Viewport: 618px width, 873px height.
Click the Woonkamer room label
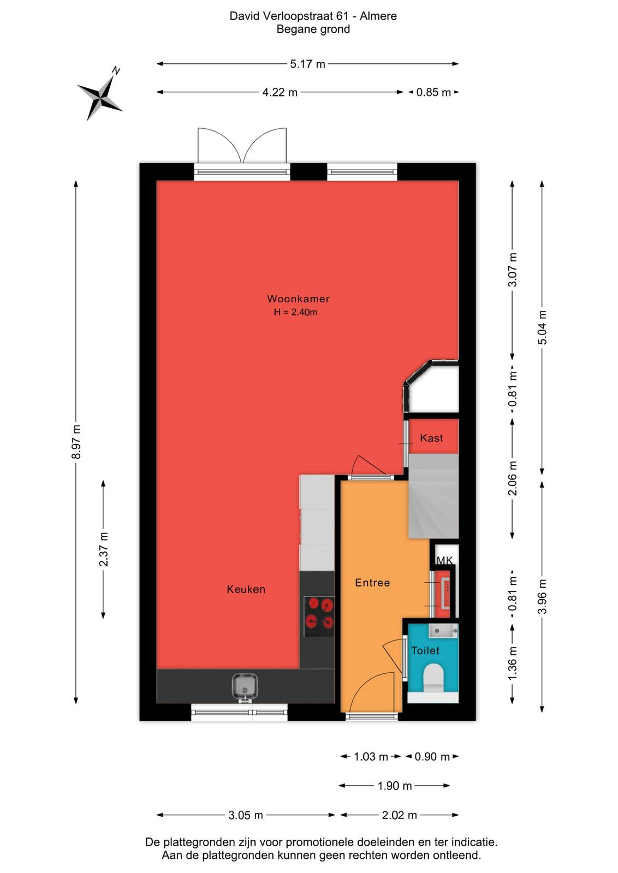click(298, 299)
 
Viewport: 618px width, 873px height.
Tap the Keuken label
click(246, 589)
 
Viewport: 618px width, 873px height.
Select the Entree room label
click(372, 583)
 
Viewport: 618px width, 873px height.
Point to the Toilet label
click(425, 650)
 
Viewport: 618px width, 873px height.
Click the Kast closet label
click(431, 438)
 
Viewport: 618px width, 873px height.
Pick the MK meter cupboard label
click(444, 560)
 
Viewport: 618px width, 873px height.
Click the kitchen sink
click(244, 689)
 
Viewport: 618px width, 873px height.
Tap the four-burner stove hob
click(319, 617)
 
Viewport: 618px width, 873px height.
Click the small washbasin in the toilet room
click(443, 630)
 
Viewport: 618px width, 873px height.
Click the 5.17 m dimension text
click(307, 64)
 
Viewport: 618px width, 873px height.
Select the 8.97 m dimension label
click(76, 441)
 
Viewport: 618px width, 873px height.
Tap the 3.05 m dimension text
click(246, 815)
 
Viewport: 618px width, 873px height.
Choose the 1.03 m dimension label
click(371, 757)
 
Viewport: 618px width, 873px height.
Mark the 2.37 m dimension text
click(104, 549)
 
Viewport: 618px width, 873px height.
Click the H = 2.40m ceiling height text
click(295, 312)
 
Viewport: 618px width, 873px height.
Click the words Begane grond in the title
click(313, 29)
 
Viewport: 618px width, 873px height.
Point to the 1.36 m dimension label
click(512, 663)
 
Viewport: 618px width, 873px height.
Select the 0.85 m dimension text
click(433, 92)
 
